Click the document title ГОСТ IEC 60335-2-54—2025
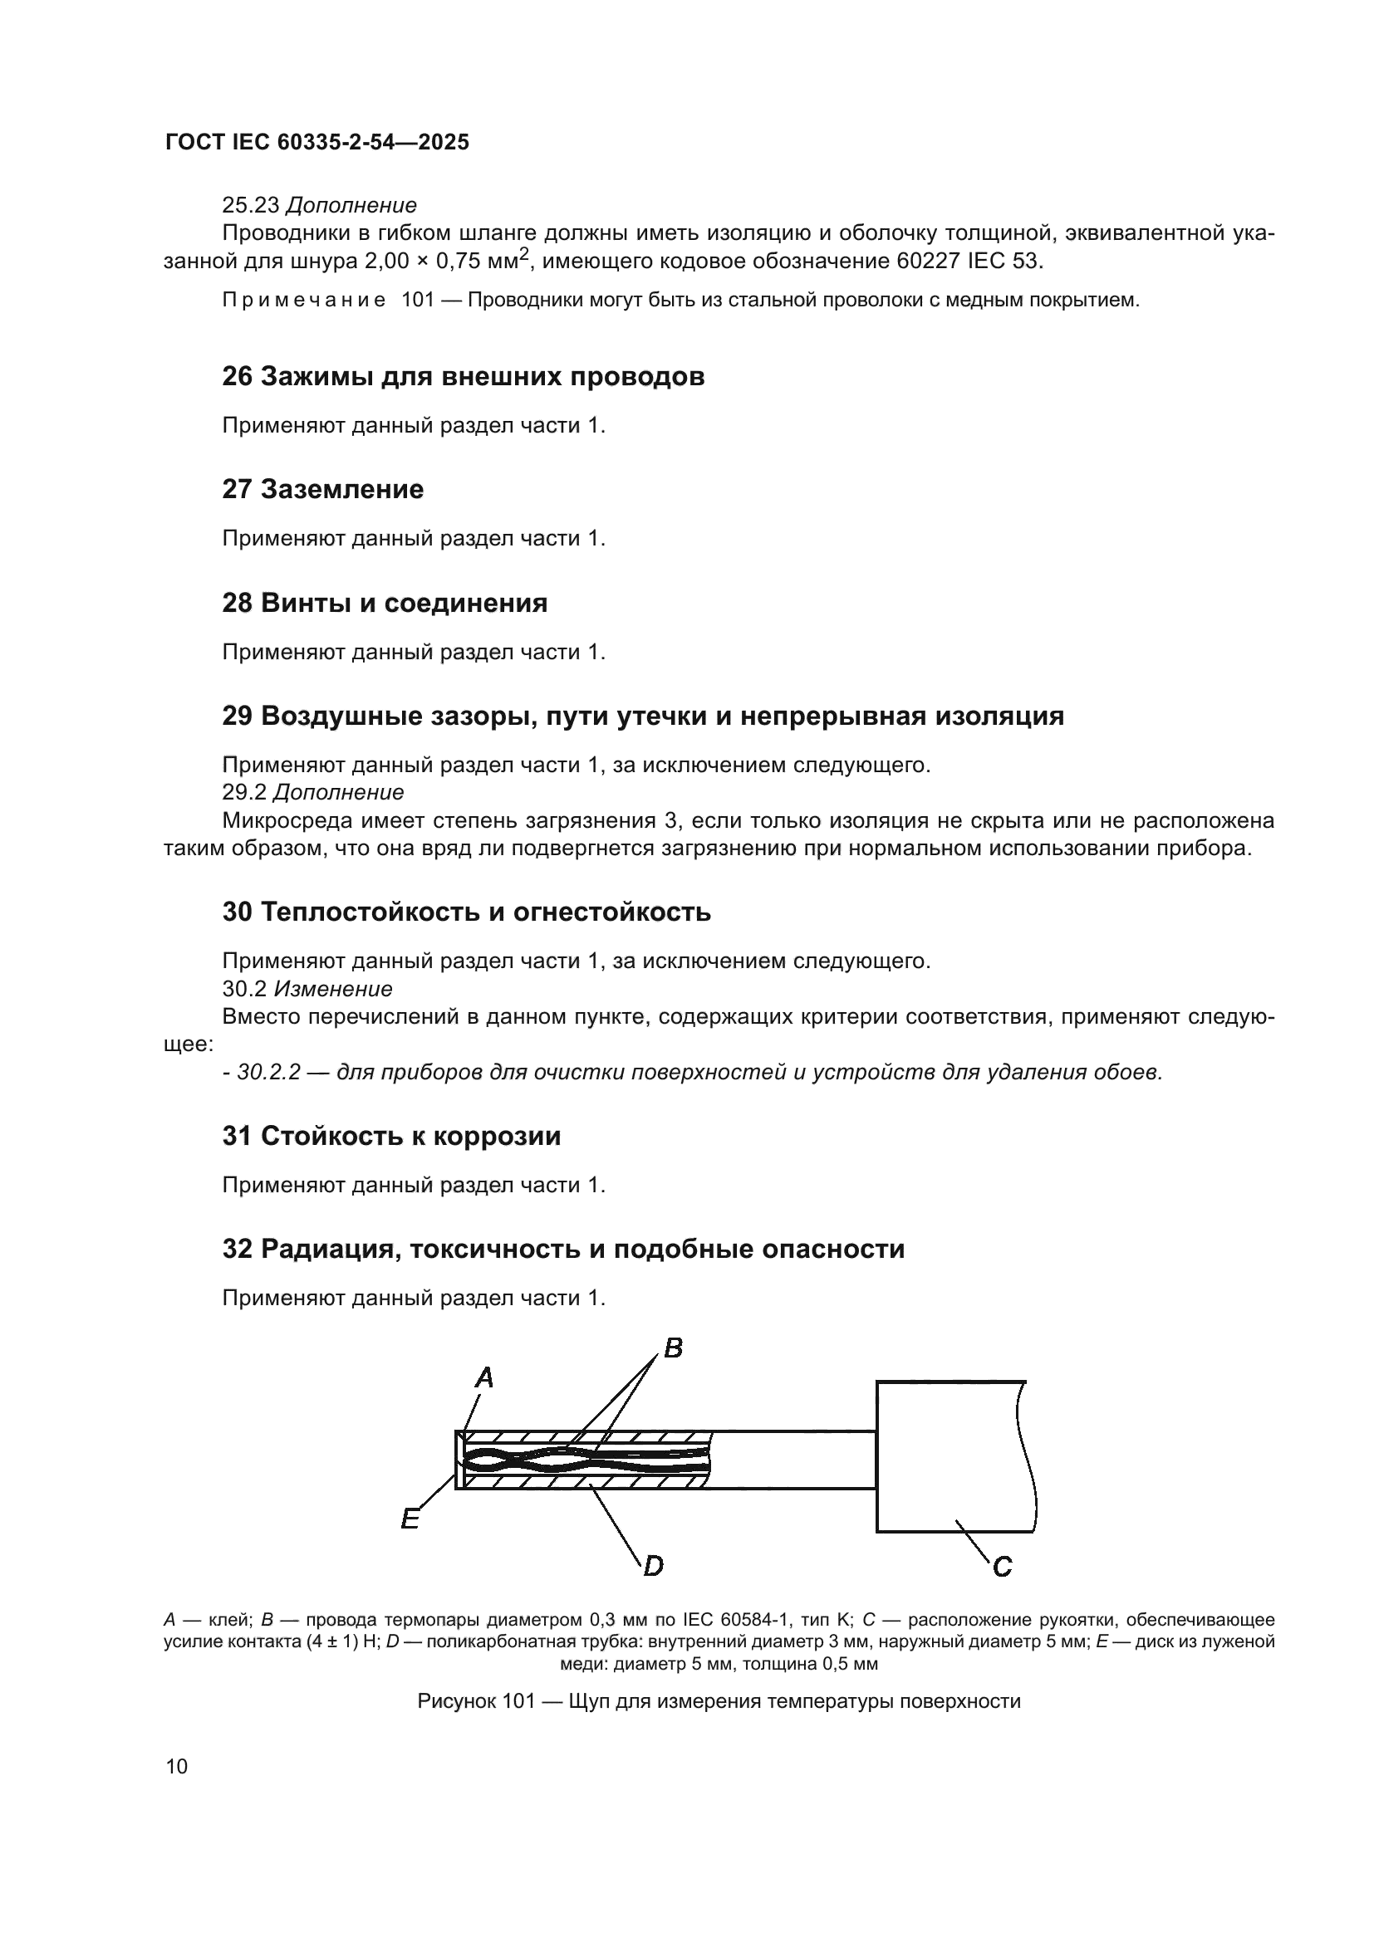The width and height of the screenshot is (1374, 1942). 317,142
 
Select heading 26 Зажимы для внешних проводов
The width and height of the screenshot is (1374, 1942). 463,376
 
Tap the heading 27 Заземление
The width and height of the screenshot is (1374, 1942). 322,490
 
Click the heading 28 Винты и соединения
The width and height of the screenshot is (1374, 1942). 384,603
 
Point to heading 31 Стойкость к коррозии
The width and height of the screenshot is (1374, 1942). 391,1136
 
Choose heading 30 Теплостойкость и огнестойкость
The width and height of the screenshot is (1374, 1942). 466,912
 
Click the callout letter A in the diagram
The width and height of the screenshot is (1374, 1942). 484,1379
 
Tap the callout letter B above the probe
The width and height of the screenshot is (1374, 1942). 674,1348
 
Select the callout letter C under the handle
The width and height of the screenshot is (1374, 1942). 1002,1568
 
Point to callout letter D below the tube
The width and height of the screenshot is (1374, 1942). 653,1567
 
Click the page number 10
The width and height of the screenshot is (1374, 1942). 177,1767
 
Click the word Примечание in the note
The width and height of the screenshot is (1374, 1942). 304,301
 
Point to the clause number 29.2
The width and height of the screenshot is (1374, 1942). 244,793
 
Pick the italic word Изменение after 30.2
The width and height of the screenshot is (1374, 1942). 332,989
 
